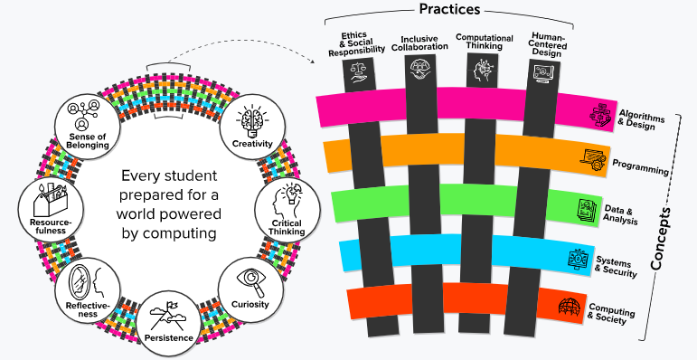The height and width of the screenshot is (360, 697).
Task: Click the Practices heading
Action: pyautogui.click(x=449, y=9)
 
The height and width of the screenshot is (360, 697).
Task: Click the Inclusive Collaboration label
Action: pyautogui.click(x=419, y=43)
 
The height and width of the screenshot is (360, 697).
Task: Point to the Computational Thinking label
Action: pyautogui.click(x=485, y=42)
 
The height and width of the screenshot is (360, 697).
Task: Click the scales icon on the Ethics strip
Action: pyautogui.click(x=359, y=71)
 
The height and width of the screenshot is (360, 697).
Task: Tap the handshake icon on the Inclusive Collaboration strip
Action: pyautogui.click(x=420, y=70)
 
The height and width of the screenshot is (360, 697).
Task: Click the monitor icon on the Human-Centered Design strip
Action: pyautogui.click(x=543, y=73)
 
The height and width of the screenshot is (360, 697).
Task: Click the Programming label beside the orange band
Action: pyautogui.click(x=640, y=166)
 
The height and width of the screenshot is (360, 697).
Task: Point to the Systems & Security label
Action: pyautogui.click(x=616, y=266)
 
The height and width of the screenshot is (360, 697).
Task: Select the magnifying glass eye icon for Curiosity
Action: pyautogui.click(x=251, y=282)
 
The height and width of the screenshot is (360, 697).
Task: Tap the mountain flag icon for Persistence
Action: pyautogui.click(x=168, y=317)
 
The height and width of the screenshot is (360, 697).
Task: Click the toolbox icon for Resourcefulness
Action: pyautogui.click(x=51, y=199)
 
